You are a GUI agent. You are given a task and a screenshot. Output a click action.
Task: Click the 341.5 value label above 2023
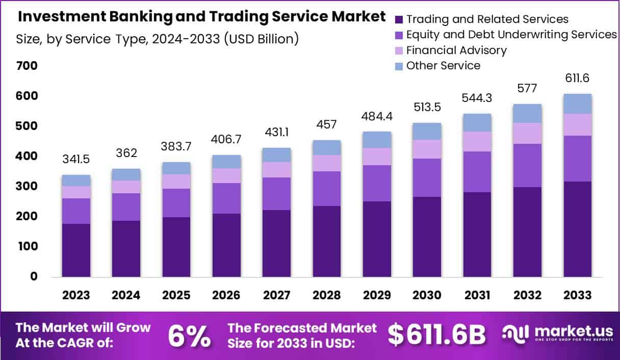tap(76, 160)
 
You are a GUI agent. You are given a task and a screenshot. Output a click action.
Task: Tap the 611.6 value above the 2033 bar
tap(578, 79)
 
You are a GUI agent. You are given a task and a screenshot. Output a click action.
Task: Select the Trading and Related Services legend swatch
tap(399, 20)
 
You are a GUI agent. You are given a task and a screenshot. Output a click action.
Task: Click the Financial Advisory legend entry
tap(456, 50)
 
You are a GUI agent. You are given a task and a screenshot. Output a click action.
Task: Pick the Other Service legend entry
tap(443, 66)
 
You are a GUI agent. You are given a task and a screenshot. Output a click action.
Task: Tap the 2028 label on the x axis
tap(327, 295)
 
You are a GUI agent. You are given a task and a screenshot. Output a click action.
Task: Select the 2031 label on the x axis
tap(477, 295)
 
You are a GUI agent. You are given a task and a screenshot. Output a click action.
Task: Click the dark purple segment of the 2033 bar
tap(578, 229)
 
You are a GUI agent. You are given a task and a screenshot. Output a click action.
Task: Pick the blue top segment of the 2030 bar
tap(427, 132)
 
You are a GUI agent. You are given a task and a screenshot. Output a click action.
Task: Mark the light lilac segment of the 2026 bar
tap(227, 176)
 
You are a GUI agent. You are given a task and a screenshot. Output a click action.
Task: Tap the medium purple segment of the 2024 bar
tap(126, 207)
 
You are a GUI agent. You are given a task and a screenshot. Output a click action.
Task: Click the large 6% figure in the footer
tap(189, 335)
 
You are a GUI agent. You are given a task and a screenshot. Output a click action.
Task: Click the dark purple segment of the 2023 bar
tap(76, 250)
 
